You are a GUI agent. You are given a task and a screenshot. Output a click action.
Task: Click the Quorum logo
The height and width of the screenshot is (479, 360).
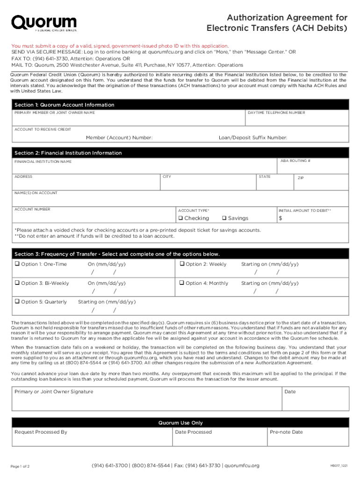(44, 23)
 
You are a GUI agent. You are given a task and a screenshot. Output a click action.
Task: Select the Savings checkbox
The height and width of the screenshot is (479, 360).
(224, 218)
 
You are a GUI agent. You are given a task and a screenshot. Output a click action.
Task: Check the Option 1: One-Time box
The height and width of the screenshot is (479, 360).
(17, 264)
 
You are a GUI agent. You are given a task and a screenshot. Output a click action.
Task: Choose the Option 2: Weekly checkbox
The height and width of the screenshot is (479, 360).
(182, 264)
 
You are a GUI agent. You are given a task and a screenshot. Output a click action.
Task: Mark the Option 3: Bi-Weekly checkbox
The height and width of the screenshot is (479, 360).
(17, 283)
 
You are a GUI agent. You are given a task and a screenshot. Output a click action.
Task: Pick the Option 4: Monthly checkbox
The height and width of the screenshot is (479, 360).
(182, 283)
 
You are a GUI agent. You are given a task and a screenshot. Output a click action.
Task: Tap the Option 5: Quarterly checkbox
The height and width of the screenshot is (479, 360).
(17, 302)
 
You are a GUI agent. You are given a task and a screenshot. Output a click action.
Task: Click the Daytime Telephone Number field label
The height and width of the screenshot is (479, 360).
(276, 113)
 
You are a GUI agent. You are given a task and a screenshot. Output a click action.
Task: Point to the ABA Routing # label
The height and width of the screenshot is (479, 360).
(295, 160)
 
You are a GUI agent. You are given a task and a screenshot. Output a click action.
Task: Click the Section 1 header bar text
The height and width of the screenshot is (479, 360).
(64, 105)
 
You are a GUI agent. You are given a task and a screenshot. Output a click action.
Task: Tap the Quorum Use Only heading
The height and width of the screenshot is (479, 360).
(180, 423)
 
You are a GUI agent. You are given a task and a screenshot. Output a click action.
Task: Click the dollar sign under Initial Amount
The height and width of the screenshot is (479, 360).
(281, 218)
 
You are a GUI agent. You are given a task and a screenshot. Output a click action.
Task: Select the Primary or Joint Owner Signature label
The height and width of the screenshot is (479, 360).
(54, 392)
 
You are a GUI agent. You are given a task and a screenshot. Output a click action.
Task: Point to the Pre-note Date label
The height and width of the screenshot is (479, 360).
(286, 432)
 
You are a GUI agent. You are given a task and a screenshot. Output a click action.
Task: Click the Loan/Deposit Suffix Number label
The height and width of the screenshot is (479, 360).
(253, 138)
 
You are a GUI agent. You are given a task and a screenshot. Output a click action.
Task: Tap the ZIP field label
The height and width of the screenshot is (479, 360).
(301, 178)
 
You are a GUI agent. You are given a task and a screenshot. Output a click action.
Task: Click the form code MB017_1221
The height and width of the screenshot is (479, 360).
(338, 466)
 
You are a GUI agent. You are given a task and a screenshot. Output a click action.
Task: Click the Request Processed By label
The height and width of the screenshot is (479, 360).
(41, 432)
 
